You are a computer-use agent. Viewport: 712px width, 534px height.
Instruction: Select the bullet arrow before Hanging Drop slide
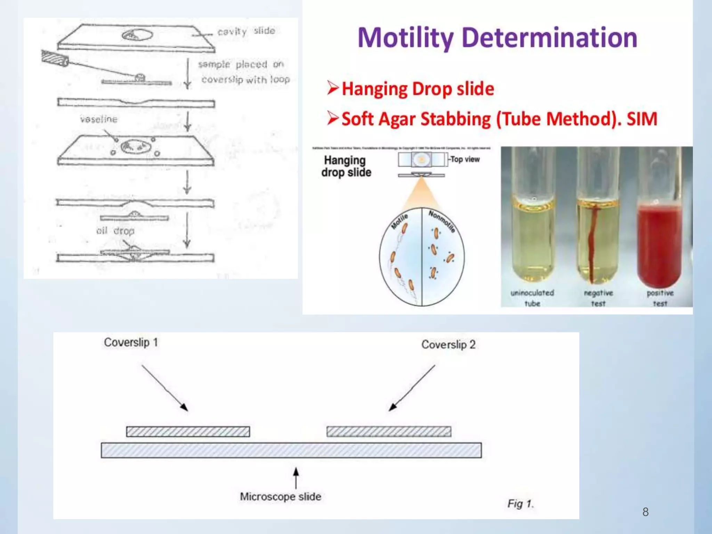pos(332,88)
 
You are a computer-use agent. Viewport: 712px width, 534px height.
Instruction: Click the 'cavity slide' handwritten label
pos(246,31)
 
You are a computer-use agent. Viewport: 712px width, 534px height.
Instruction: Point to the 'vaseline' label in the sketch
pos(99,119)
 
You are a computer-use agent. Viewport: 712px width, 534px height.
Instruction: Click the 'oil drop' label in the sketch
pos(115,231)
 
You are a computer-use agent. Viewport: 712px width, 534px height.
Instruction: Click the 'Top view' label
pos(465,159)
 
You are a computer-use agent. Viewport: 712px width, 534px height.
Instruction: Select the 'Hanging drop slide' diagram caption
pos(346,166)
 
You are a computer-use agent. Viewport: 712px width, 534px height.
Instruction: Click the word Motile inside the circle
pos(399,222)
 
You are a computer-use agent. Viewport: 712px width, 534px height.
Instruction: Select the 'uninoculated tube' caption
pos(532,298)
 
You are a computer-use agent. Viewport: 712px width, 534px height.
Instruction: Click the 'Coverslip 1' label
pos(131,342)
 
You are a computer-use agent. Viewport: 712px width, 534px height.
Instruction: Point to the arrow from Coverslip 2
pos(412,388)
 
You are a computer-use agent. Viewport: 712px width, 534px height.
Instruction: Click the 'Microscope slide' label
pos(280,496)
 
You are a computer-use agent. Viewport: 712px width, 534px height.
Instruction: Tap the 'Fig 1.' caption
pos(520,503)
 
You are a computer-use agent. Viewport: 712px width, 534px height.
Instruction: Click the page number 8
pos(645,512)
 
